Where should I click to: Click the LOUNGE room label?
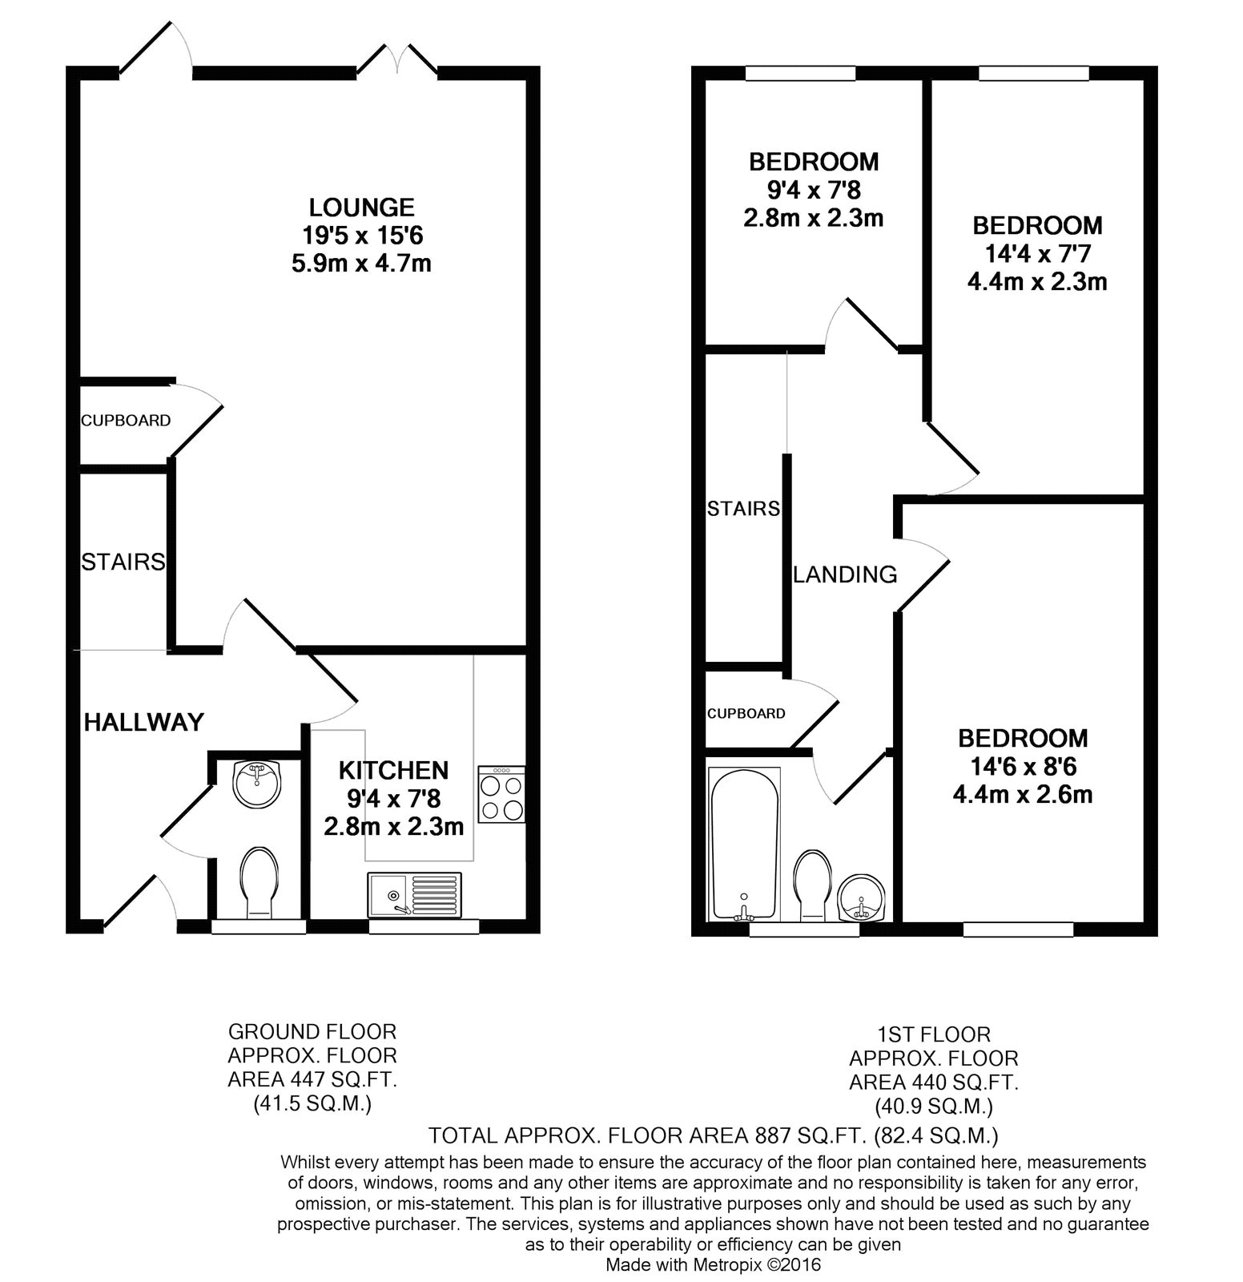point(362,208)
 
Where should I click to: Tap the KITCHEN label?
point(393,771)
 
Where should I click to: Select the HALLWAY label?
point(144,723)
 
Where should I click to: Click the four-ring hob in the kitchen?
point(501,794)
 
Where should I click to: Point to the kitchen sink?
point(415,894)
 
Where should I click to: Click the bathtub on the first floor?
point(744,843)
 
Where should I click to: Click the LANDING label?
point(845,574)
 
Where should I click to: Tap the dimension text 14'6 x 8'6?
point(1024,767)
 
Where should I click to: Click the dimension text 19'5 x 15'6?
point(362,236)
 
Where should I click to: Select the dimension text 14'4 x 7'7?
point(1037,254)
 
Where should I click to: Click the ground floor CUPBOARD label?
point(126,420)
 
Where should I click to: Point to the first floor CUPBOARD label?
point(746,713)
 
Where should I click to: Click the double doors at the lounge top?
point(397,62)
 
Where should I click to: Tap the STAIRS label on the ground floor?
point(123,562)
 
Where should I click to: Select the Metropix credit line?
point(713,1266)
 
